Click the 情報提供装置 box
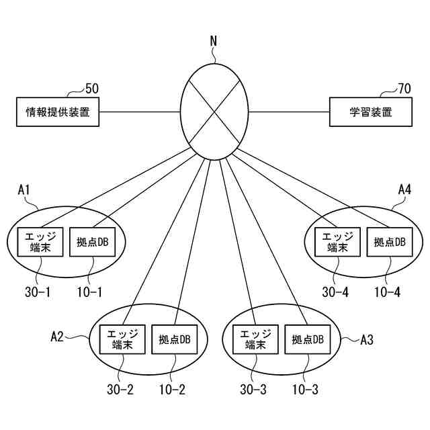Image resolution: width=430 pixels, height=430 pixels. tap(58, 112)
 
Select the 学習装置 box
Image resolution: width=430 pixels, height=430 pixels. tap(370, 112)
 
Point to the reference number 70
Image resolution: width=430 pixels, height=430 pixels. tap(404, 88)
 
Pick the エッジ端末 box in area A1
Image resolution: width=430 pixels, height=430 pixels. tap(40, 242)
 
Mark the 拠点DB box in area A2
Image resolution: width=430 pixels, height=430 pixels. tap(174, 339)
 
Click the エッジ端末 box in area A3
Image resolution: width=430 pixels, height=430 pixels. tap(255, 339)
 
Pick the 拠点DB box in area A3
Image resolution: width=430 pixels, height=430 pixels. tap(307, 339)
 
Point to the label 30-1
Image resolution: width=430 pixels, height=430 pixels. tap(37, 293)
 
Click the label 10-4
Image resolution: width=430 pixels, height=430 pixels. tap(388, 293)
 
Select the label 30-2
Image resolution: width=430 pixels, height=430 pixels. tap(120, 390)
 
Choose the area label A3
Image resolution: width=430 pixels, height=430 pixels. tap(367, 339)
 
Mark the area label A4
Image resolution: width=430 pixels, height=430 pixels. tap(404, 190)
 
